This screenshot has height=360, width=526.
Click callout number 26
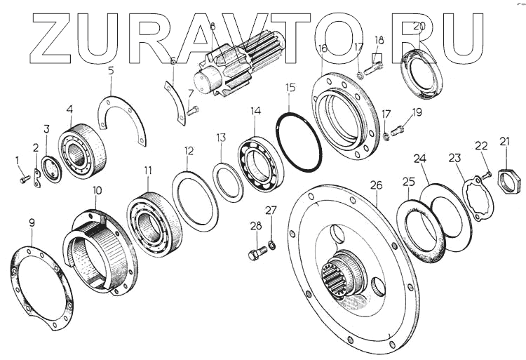[377, 185]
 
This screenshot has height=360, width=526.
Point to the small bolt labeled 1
[23, 180]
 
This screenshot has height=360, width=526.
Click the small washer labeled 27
[272, 244]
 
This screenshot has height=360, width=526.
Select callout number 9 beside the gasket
[32, 222]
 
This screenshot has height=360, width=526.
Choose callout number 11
[147, 170]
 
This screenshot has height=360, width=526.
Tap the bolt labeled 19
[397, 129]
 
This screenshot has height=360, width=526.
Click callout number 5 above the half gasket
[110, 70]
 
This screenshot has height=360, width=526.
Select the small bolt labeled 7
[193, 109]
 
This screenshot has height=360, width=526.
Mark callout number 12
[189, 150]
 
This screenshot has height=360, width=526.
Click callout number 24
[420, 160]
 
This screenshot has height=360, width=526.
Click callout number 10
[97, 191]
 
